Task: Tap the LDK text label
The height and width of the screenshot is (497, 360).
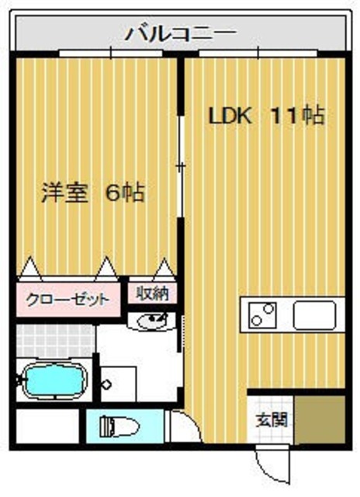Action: coord(229,116)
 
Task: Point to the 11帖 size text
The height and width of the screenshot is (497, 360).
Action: coord(296,116)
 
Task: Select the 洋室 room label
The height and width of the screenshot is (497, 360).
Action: coord(65,192)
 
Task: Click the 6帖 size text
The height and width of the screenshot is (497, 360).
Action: coord(124,192)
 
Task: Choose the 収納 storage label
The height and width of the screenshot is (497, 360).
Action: coord(152,294)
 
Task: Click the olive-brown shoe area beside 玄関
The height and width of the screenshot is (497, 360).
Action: coord(323,419)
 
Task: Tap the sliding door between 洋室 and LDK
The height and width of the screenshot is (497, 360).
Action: coord(182,167)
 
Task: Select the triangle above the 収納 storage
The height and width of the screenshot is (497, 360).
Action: coord(164,269)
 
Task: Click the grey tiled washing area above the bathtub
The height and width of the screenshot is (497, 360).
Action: coord(54,339)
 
